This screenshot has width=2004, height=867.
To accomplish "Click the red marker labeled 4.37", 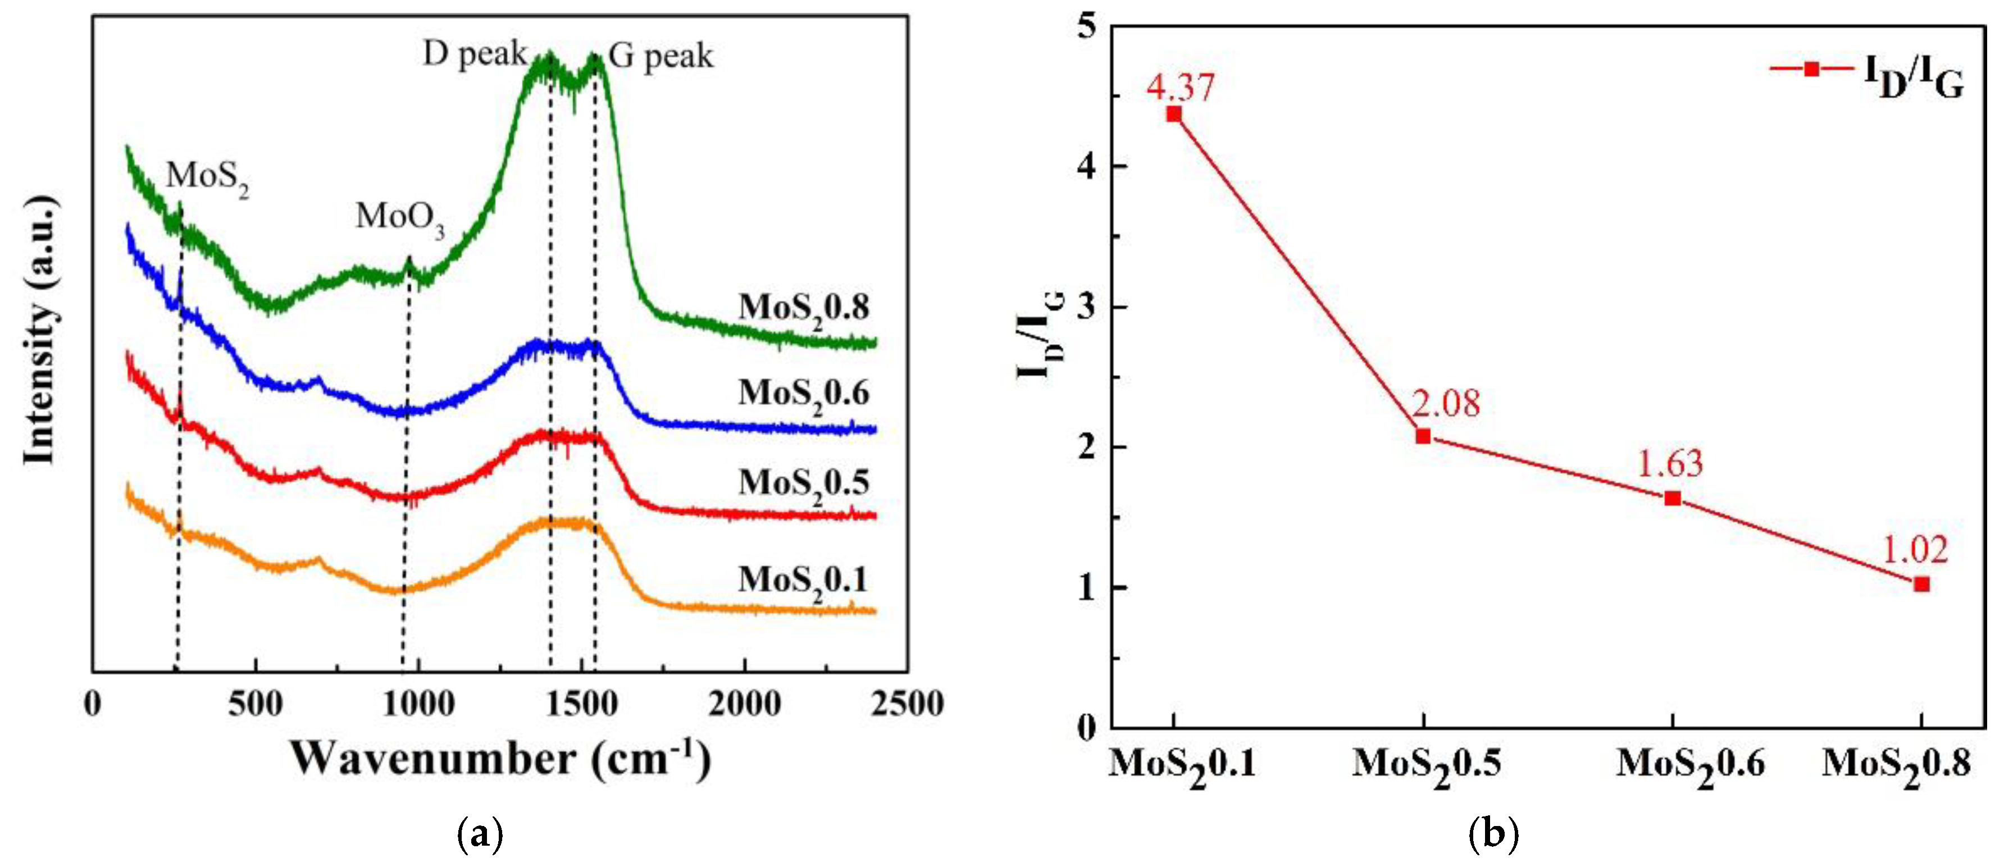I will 1174,115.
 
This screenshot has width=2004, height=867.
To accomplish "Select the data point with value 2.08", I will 1423,436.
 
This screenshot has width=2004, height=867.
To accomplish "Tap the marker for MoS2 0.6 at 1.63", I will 1672,499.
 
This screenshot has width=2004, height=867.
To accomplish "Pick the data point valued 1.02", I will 1921,584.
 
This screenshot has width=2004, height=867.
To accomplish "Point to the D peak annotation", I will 475,55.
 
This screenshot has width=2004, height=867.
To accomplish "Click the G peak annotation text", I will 661,57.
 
